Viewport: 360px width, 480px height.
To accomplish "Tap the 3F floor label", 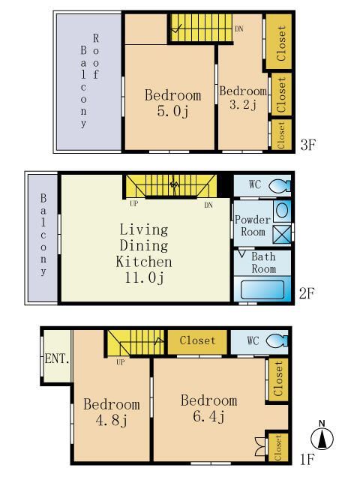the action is point(307,145).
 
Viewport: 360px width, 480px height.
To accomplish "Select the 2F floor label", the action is point(307,293).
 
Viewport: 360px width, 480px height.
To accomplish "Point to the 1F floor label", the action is point(307,459).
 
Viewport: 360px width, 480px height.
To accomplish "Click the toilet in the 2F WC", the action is point(279,185).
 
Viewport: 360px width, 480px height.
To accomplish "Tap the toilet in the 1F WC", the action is point(277,340).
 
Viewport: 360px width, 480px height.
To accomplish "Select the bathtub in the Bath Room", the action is point(262,289).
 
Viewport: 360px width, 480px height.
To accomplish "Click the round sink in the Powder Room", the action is point(282,211).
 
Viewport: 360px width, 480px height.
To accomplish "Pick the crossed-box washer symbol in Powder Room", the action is point(282,235).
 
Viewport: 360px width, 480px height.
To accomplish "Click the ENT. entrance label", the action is point(57,358).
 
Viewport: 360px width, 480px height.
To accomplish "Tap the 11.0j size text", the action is point(144,278).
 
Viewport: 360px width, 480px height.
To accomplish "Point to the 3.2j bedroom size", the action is point(243,105).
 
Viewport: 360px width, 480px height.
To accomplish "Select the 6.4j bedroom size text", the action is point(209,416).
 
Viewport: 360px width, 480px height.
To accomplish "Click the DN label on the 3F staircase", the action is point(239,28).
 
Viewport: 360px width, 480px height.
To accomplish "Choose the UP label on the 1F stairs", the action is point(120,362).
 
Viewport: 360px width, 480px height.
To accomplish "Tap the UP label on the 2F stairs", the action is point(133,203).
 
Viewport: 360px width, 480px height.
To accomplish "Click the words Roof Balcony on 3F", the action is point(89,81).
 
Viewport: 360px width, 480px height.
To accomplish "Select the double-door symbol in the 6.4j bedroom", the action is point(260,446).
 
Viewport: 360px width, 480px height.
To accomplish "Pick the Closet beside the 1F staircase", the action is point(197,340).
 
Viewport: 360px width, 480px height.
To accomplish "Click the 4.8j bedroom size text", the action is point(112,420).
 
